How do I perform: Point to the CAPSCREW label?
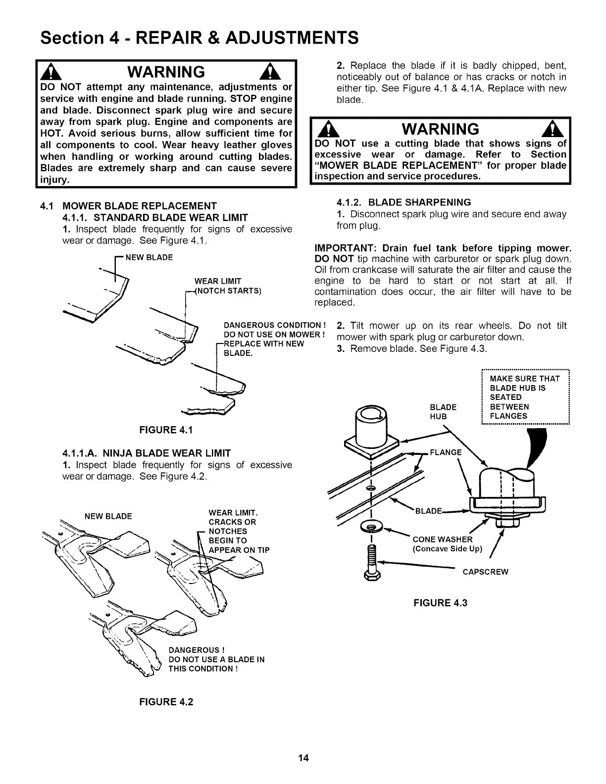485,572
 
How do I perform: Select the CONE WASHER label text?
443,539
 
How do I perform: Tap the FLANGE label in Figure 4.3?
446,452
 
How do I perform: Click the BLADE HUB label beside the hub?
443,412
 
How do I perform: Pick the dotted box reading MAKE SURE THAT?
526,397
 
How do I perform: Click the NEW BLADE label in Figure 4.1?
150,257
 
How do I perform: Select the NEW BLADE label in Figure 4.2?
108,516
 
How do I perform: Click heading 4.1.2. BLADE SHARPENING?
404,202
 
